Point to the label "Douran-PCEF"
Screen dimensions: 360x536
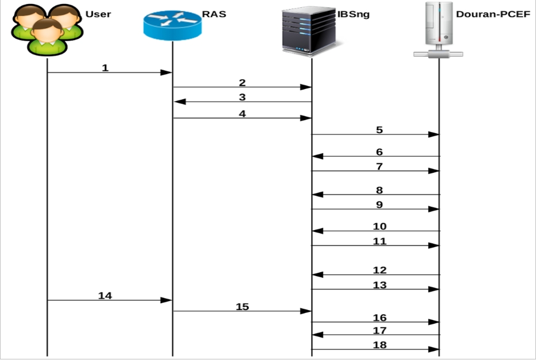tap(494, 13)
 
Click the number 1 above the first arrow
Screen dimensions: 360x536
tap(105, 68)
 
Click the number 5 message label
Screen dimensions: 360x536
tap(379, 130)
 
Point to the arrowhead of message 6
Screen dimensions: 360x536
tap(316, 156)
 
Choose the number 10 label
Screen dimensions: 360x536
tap(379, 226)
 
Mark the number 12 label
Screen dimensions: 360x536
tap(379, 270)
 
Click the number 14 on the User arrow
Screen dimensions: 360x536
tap(105, 296)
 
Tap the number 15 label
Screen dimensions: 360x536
tap(242, 307)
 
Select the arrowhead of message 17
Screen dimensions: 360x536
tap(316, 335)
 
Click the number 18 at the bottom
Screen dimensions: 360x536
tap(379, 344)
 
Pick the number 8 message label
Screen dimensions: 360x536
tap(379, 190)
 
